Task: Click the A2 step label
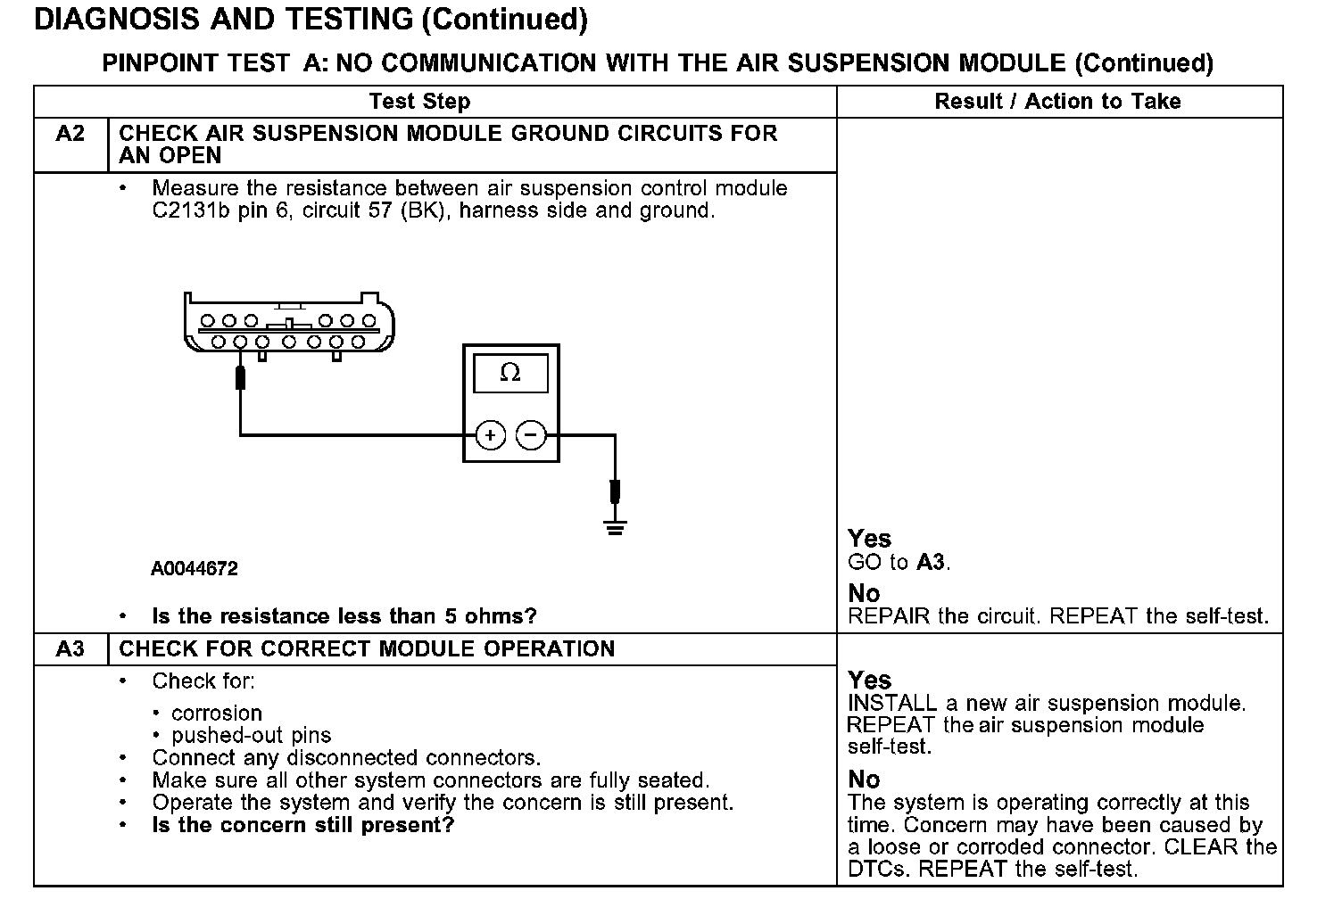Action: pyautogui.click(x=70, y=134)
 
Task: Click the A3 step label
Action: pyautogui.click(x=70, y=648)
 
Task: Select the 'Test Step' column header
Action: pyautogui.click(x=419, y=101)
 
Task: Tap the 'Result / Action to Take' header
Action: pyautogui.click(x=1057, y=101)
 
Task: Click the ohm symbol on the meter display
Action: pyautogui.click(x=510, y=373)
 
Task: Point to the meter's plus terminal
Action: pyautogui.click(x=490, y=435)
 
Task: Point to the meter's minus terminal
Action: pyautogui.click(x=531, y=435)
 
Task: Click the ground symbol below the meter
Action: pyautogui.click(x=615, y=526)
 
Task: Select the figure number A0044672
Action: pyautogui.click(x=194, y=568)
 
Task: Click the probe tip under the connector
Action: pyautogui.click(x=240, y=378)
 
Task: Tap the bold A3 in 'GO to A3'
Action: pyautogui.click(x=931, y=562)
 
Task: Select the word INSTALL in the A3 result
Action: pyautogui.click(x=892, y=703)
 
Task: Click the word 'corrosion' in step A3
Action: pyautogui.click(x=217, y=713)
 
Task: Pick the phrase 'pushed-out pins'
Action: pyautogui.click(x=251, y=735)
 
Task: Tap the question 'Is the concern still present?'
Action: pyautogui.click(x=302, y=824)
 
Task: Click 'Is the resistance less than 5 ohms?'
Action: pyautogui.click(x=344, y=615)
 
